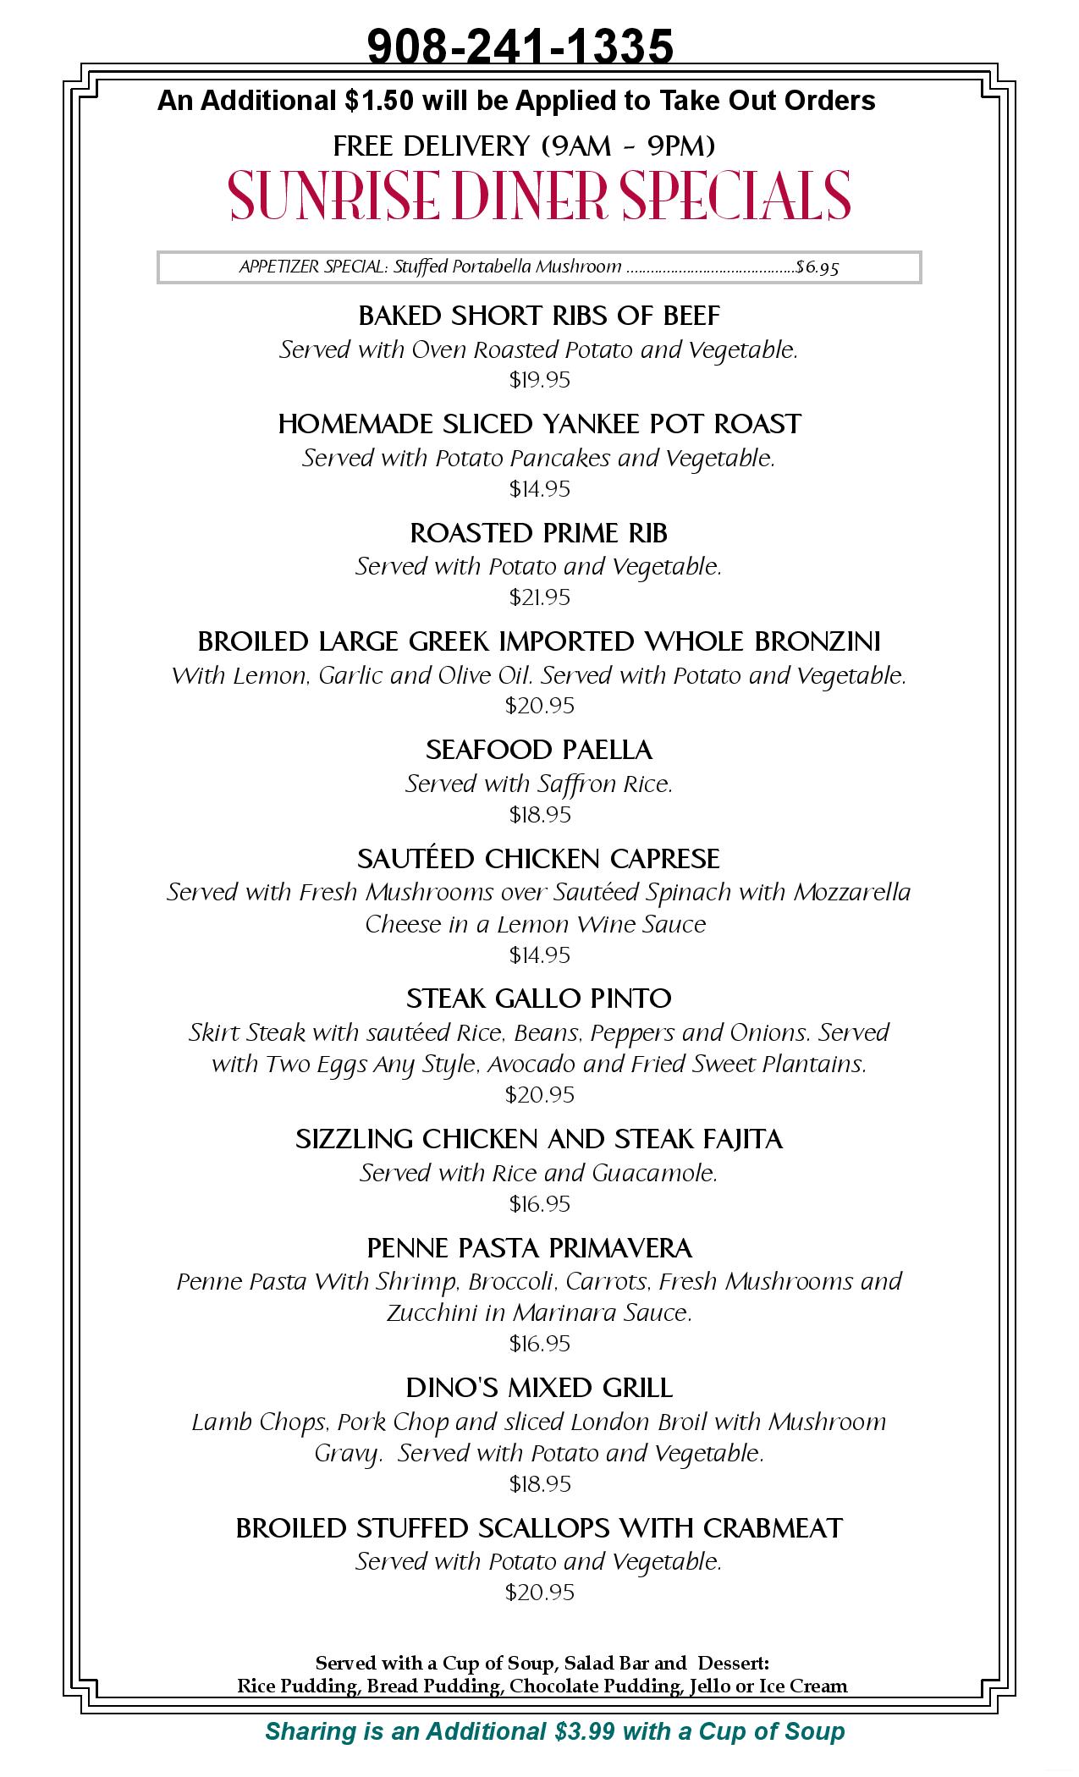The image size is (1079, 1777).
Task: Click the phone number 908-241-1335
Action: tap(520, 46)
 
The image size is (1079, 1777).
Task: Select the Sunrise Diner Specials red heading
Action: tap(539, 196)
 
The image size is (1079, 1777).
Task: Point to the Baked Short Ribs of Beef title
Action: tap(539, 316)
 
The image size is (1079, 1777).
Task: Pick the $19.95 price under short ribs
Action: tap(539, 380)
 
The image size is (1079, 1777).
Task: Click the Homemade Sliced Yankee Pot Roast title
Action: tap(539, 423)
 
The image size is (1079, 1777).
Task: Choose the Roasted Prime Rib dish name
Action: tap(539, 533)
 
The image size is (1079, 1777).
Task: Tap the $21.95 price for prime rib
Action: tap(539, 597)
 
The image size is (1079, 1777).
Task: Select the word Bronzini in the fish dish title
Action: tap(817, 641)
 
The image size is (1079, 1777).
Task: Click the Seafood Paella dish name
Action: tap(539, 750)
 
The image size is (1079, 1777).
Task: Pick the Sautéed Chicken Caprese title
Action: tap(539, 859)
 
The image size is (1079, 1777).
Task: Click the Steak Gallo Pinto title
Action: tap(539, 999)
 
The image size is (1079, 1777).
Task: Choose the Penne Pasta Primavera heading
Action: tap(530, 1248)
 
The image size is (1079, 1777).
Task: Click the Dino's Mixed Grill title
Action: tap(539, 1388)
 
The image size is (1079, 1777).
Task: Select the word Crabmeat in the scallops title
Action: tap(772, 1528)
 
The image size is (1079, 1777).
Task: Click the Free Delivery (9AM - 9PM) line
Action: tap(524, 146)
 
